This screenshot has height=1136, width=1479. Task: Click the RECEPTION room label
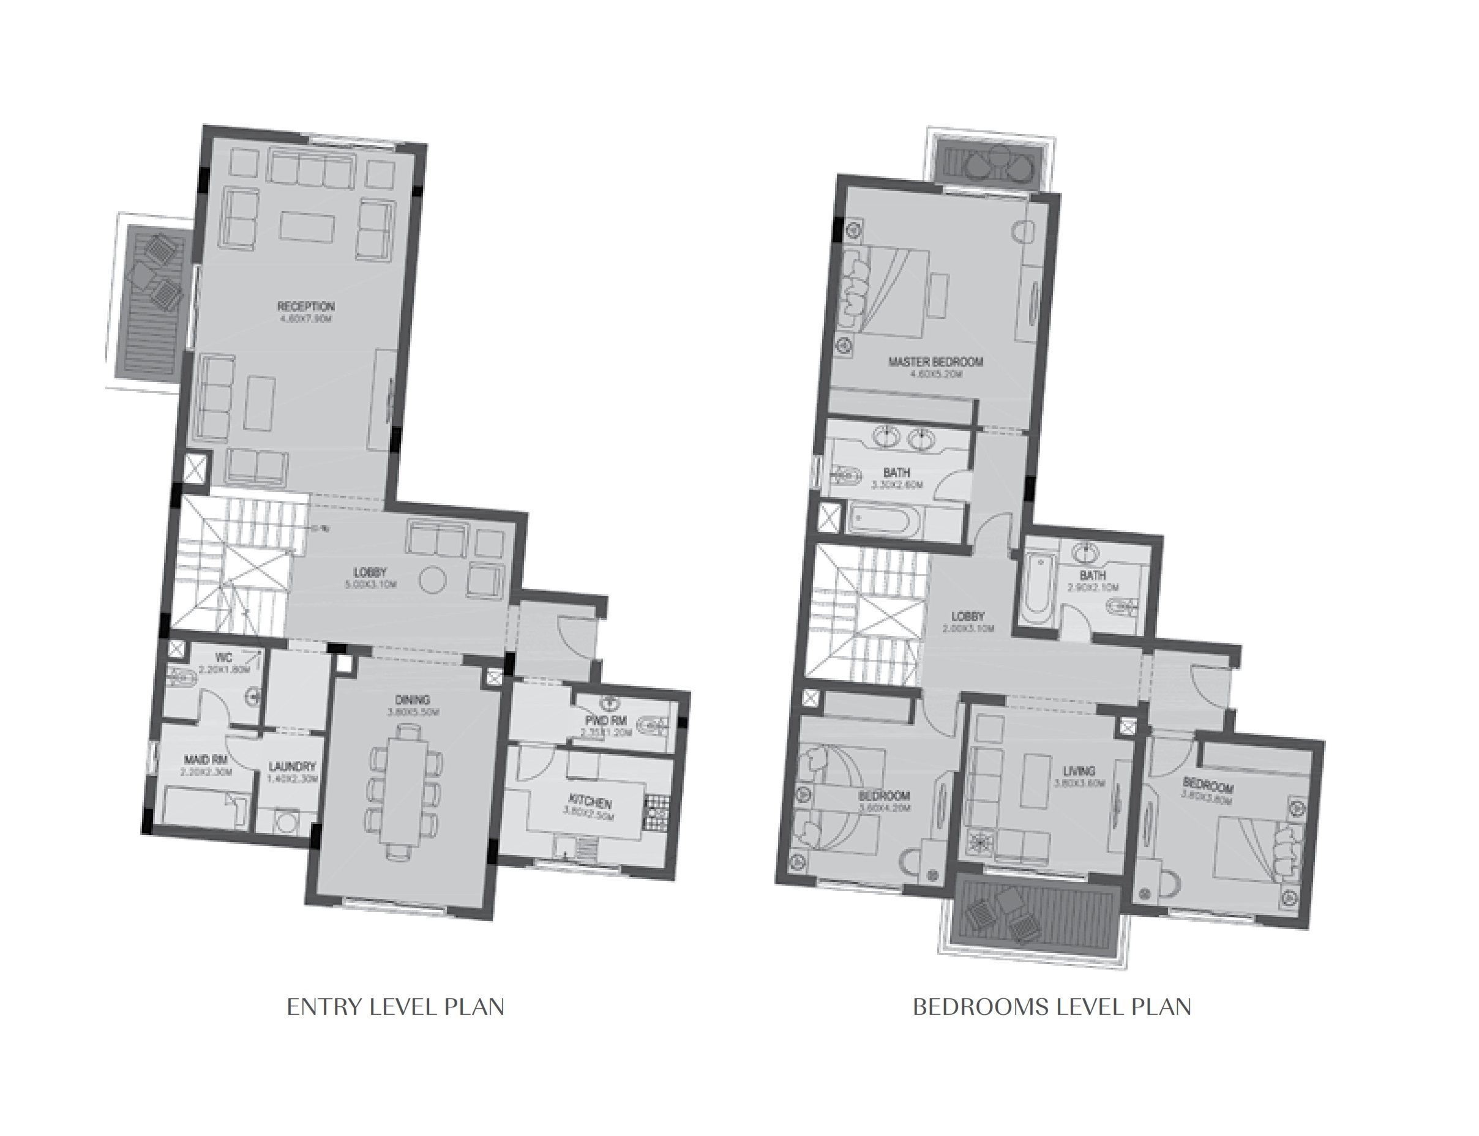tap(305, 306)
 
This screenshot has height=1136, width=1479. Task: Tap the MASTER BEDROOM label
tap(935, 362)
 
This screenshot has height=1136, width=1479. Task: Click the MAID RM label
tap(206, 760)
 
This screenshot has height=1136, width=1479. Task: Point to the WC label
tap(223, 658)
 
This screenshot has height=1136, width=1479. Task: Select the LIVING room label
tap(1079, 771)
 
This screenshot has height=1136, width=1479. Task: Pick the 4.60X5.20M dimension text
tap(936, 374)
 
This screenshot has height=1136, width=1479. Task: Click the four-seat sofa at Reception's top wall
tap(311, 169)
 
